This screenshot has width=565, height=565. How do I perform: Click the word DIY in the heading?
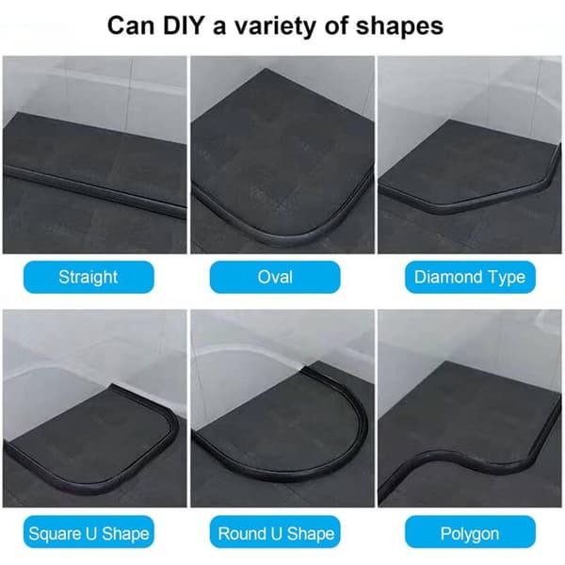184,25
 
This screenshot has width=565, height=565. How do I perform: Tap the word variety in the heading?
275,27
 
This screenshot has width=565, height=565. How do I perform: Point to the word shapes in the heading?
399,27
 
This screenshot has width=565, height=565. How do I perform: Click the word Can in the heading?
131,25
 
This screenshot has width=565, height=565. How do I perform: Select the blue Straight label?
89,277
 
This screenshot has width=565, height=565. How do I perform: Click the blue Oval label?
275,277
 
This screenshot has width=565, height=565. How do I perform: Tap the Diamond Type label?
470,277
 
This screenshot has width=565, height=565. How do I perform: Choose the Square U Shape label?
89,532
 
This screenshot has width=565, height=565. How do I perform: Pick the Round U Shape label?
275,532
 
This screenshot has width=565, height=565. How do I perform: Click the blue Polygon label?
470,532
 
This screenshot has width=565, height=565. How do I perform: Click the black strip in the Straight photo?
94,192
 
